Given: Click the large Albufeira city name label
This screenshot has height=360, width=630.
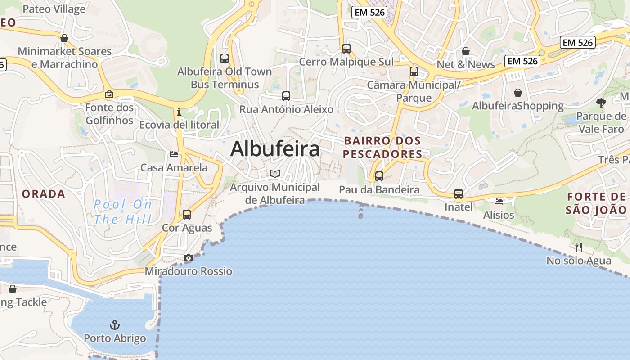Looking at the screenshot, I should click(275, 149).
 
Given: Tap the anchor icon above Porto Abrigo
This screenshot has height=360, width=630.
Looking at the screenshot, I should click(115, 324).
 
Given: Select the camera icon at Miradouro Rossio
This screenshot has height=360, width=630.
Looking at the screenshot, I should click(189, 258).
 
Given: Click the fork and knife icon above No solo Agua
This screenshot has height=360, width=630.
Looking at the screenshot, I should click(579, 247).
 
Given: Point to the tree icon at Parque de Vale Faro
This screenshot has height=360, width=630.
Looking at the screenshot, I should click(601, 103).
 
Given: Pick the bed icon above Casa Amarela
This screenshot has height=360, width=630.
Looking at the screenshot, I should click(174, 154).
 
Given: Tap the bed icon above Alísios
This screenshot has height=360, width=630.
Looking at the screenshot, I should click(499, 201).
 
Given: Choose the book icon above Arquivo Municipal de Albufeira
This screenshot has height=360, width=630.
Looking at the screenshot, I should click(275, 174).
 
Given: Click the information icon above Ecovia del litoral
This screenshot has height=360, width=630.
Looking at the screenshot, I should click(179, 111).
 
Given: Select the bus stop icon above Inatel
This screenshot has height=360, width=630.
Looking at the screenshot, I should click(459, 194).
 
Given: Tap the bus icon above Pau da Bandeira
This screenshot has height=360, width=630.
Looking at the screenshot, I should click(379, 176).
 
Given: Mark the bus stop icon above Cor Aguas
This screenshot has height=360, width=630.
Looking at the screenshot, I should click(187, 215).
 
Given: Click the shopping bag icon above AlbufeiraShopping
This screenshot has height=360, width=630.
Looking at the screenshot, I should click(518, 93).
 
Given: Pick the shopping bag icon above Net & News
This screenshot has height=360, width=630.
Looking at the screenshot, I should click(466, 51).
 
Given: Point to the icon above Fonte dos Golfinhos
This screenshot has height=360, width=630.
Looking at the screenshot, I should click(109, 94).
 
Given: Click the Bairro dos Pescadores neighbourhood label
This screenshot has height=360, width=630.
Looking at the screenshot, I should click(382, 148).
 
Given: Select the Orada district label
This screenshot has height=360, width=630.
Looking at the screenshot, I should click(44, 194).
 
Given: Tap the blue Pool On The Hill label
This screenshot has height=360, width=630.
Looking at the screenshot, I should click(122, 212).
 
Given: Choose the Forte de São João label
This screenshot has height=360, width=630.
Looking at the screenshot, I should click(596, 203).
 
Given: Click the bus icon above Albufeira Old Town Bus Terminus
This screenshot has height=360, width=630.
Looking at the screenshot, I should click(225, 58).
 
